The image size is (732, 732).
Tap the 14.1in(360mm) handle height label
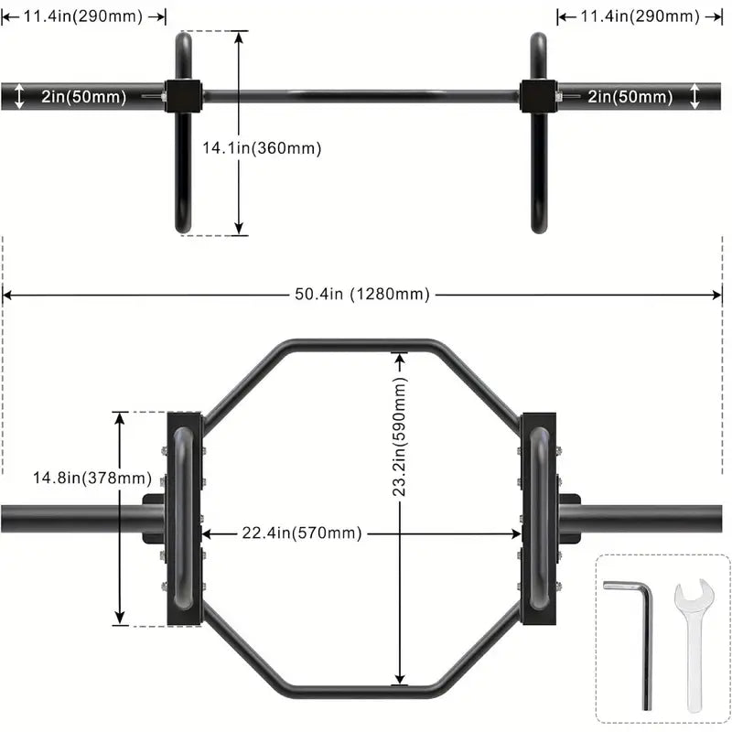click(x=262, y=147)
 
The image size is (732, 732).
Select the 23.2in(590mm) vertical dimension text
click(x=400, y=438)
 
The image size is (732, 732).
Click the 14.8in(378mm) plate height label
click(x=80, y=478)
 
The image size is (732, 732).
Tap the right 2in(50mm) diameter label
click(x=630, y=96)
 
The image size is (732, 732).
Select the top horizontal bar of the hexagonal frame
click(x=361, y=346)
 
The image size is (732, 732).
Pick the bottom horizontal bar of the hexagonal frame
click(x=361, y=686)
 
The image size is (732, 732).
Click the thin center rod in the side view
click(x=361, y=94)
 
